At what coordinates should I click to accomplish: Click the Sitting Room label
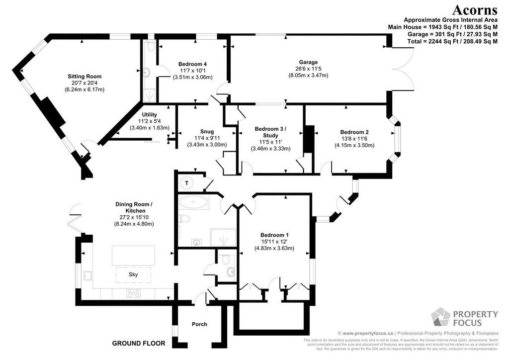[85, 76]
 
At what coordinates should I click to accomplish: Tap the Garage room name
[308, 62]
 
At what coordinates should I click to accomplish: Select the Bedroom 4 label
[192, 64]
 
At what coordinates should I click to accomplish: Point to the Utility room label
[149, 114]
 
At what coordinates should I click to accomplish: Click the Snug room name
[207, 131]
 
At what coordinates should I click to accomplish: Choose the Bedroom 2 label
[354, 132]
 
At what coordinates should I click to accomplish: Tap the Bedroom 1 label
[274, 235]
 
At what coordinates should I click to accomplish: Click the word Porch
[199, 324]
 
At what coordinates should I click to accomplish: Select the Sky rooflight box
[133, 274]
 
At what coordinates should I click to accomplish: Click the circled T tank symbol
[187, 183]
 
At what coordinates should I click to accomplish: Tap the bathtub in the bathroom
[194, 202]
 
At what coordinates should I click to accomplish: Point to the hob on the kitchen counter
[133, 293]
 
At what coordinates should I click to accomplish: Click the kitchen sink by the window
[87, 275]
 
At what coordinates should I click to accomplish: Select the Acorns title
[475, 10]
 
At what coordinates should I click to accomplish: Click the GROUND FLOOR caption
[139, 343]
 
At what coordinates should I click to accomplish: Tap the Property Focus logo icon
[440, 317]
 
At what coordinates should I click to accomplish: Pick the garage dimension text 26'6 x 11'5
[308, 69]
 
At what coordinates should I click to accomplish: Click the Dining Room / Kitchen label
[134, 207]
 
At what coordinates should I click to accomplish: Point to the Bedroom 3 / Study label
[270, 132]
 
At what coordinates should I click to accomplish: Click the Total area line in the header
[452, 41]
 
